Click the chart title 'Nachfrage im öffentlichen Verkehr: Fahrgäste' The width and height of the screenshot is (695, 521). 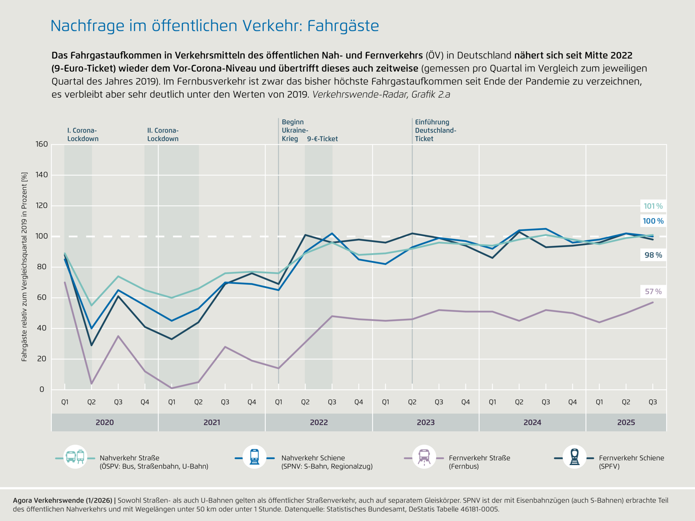(214, 26)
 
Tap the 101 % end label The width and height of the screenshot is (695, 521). (653, 206)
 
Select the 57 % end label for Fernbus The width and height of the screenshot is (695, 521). (653, 292)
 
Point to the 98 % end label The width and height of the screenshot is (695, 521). (653, 255)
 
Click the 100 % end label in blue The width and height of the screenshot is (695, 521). (653, 221)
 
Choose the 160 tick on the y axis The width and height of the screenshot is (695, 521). (42, 144)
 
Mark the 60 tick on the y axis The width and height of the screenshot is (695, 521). (42, 298)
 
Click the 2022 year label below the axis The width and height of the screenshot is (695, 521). (319, 423)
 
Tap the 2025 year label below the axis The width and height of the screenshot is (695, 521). (626, 423)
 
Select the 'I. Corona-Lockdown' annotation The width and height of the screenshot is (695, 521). (83, 135)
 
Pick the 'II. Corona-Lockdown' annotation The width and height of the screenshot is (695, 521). (163, 135)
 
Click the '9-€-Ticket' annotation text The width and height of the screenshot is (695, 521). (322, 139)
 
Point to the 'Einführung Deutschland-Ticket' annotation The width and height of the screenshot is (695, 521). (435, 131)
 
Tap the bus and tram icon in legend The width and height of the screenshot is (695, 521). (75, 457)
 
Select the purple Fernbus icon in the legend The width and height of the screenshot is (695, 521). (424, 457)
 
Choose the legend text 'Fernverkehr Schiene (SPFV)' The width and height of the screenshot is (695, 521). (631, 462)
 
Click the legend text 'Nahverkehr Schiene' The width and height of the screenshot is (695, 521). (313, 458)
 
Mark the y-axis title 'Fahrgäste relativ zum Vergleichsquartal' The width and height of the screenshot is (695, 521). (24, 267)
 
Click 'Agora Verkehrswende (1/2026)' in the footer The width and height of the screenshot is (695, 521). (62, 501)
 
